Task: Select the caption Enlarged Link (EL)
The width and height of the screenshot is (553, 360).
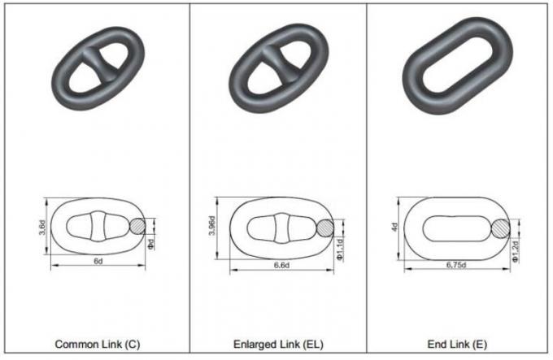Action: (275, 344)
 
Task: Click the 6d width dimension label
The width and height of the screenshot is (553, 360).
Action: (97, 262)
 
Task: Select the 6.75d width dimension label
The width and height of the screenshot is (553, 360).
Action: (460, 266)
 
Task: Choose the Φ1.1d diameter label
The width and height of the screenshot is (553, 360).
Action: (341, 249)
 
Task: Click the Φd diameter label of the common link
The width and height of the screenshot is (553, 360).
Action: (152, 244)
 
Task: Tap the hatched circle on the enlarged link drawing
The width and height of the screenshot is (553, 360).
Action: (324, 228)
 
